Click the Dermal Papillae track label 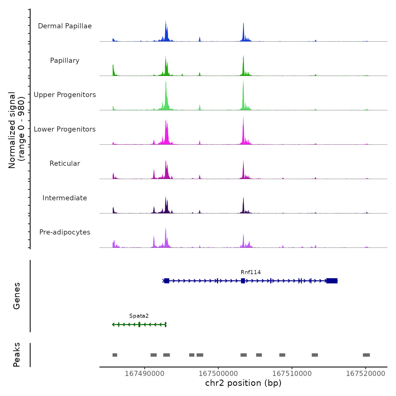click(65, 26)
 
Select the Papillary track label click(65, 61)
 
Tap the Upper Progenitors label click(65, 95)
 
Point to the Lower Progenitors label click(65, 129)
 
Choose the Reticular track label click(65, 163)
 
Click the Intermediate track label click(65, 198)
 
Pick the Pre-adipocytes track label click(65, 232)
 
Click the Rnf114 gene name click(251, 272)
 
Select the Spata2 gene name click(139, 316)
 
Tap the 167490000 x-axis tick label click(145, 374)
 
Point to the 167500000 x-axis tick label click(218, 374)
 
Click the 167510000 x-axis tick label click(292, 374)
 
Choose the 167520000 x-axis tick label click(365, 374)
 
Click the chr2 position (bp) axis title click(243, 383)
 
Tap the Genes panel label click(17, 296)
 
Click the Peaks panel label click(17, 355)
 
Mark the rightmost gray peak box click(366, 355)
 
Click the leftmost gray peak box click(115, 355)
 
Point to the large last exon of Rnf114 click(332, 281)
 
